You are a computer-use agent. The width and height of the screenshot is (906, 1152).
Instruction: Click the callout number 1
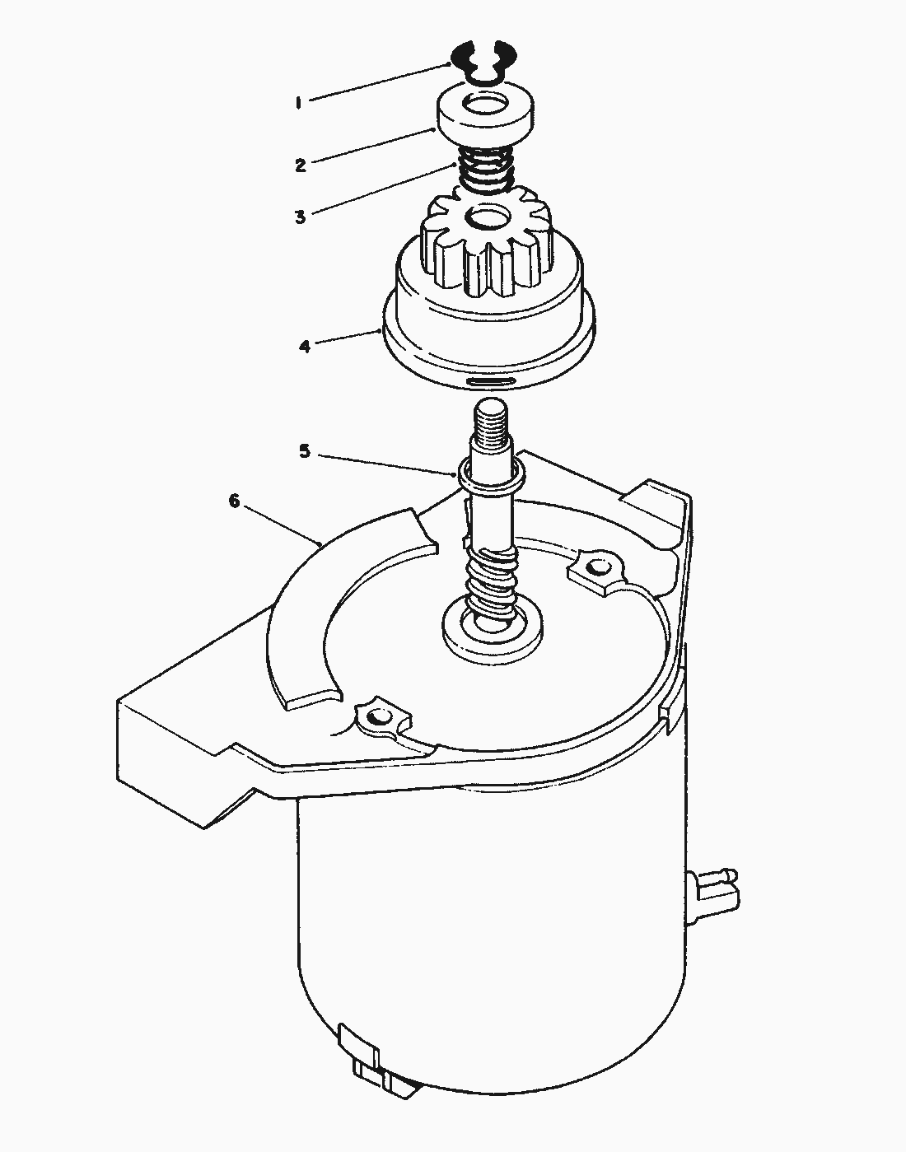[x=299, y=103]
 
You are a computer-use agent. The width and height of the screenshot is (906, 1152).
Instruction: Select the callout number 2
[x=301, y=165]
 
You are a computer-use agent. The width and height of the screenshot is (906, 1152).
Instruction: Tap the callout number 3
[x=301, y=217]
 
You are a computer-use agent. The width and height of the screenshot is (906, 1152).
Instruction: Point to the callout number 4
[x=305, y=346]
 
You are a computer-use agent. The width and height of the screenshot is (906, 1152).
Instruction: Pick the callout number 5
[x=305, y=451]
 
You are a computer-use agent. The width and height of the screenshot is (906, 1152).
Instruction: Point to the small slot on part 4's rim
[x=491, y=382]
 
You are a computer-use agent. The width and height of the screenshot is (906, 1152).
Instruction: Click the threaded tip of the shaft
[x=492, y=420]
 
